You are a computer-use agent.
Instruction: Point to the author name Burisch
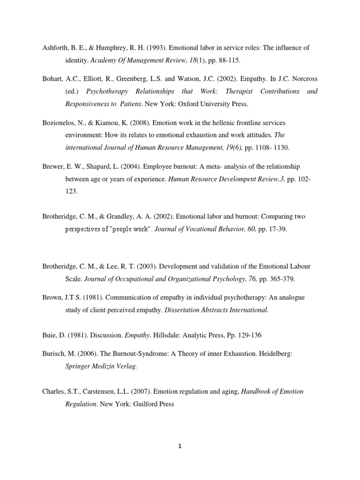[x=53, y=354]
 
